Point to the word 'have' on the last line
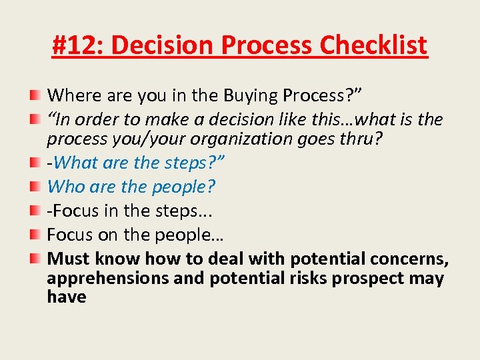[x=66, y=297]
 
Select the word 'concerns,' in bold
[x=408, y=259]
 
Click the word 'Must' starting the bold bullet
[x=69, y=259]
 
